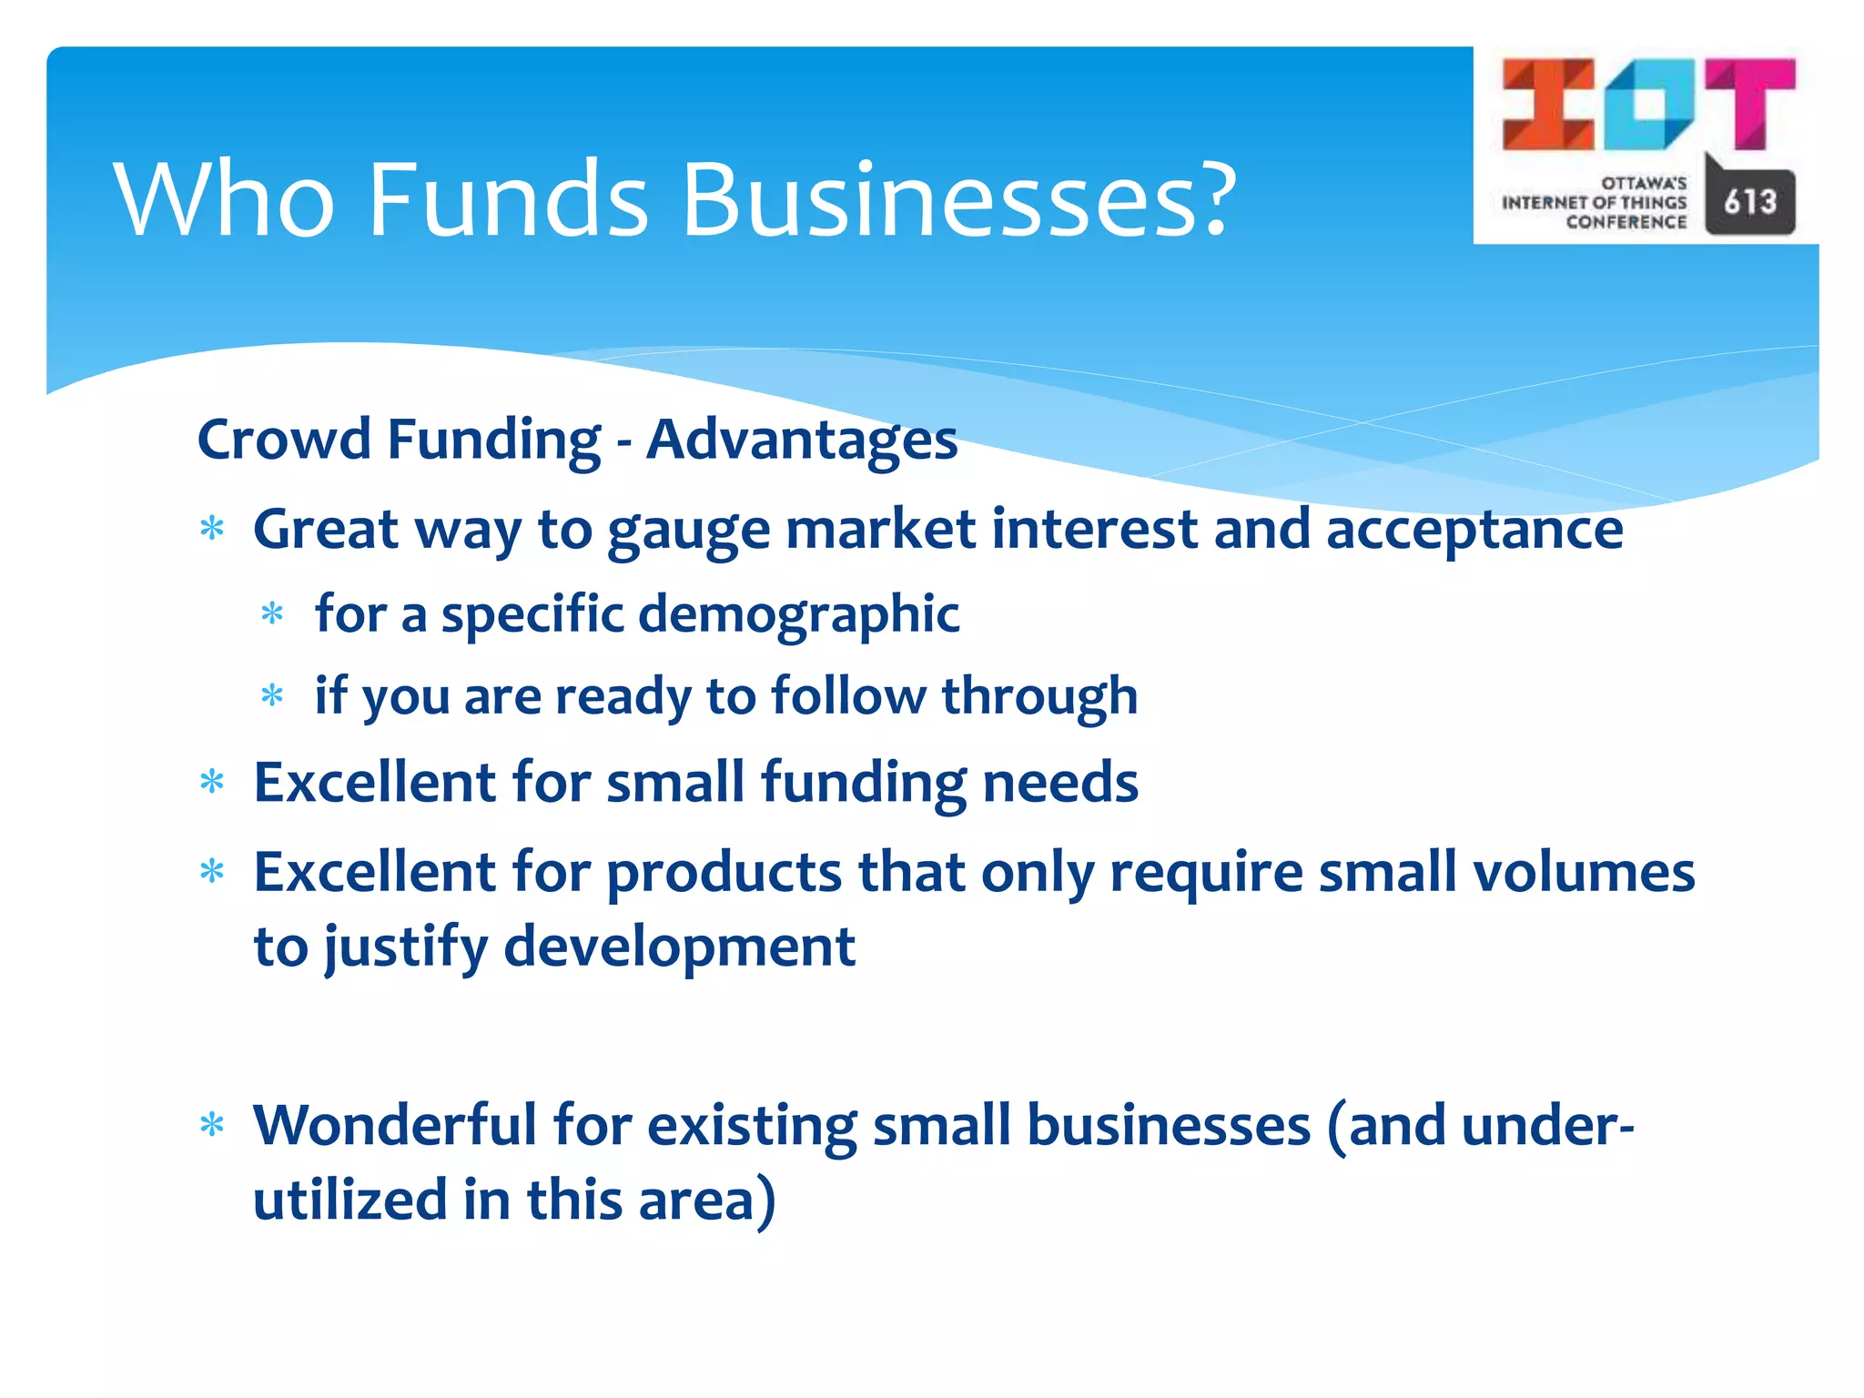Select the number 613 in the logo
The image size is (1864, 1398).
(1749, 202)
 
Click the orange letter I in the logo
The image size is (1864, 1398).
(1548, 104)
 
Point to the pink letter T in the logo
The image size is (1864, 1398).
(1750, 102)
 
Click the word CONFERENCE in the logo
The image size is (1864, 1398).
(1626, 222)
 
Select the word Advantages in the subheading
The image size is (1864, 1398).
(801, 440)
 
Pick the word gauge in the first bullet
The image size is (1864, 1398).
(688, 531)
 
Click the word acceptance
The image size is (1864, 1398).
(1474, 531)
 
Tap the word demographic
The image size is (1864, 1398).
(798, 614)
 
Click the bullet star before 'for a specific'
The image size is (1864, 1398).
(272, 614)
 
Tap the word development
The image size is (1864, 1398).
(679, 947)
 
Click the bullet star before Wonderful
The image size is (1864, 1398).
(212, 1126)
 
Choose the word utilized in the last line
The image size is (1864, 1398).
(349, 1200)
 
